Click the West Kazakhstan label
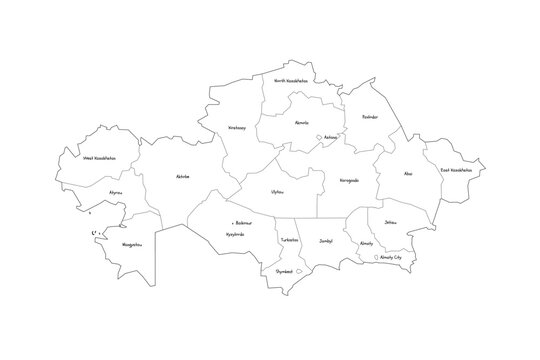pos(101,157)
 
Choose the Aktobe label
pos(181,176)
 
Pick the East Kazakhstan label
pos(456,170)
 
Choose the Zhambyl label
pos(325,242)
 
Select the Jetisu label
pos(390,222)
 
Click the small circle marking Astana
pos(318,139)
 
